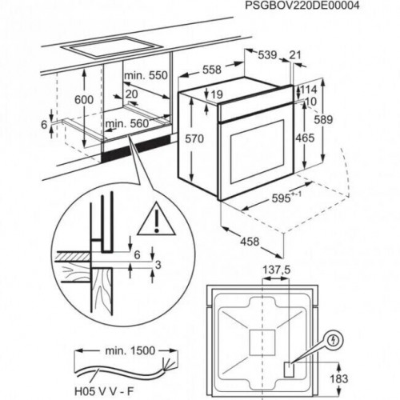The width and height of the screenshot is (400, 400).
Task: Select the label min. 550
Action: pos(147,74)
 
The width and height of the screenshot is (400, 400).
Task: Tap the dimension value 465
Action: pos(305,138)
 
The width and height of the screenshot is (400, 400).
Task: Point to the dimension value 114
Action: pos(309,89)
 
